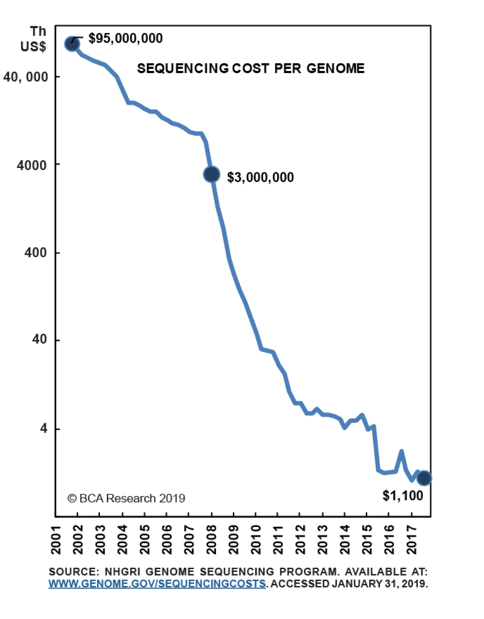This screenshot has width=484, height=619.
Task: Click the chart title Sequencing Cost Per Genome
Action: [250, 68]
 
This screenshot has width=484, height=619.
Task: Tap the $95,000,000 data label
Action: [125, 38]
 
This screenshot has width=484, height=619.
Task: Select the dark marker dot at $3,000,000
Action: [211, 174]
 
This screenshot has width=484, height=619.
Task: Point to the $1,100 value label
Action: [402, 496]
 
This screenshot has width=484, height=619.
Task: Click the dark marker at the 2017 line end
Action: [424, 478]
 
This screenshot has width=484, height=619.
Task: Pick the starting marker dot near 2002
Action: [72, 44]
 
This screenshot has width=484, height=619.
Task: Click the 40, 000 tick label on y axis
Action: [26, 77]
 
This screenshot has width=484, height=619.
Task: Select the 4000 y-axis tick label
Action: [32, 165]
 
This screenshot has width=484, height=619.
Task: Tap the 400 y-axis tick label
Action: [36, 252]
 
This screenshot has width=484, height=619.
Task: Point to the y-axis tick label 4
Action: [44, 428]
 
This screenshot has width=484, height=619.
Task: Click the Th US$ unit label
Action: [34, 39]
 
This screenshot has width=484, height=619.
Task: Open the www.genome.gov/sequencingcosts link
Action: [157, 583]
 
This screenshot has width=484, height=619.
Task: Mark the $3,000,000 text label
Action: [260, 177]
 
